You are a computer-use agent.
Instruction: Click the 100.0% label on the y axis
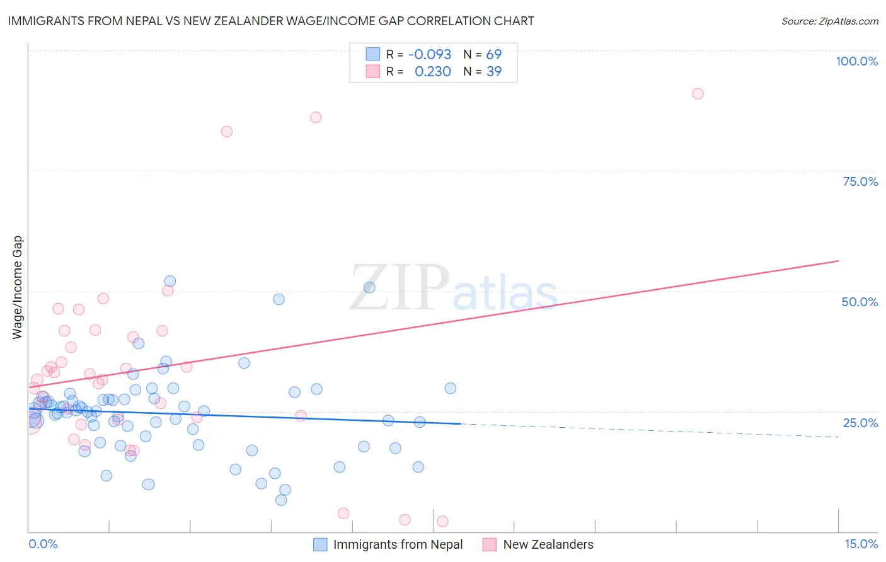856,61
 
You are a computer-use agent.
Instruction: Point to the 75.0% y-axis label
860,181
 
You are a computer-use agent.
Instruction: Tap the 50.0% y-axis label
860,302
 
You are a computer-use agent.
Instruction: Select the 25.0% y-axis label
860,423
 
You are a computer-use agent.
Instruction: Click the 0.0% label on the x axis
43,544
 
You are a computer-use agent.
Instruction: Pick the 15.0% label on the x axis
861,544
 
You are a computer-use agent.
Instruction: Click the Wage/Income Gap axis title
18,287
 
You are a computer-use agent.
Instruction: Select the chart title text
271,21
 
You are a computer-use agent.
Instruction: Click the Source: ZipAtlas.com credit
829,21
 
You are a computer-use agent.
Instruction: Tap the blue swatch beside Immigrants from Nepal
320,544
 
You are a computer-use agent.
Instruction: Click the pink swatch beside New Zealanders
490,544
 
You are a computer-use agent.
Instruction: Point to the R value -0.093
430,55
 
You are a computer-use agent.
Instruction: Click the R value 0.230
432,72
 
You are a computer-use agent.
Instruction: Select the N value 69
493,55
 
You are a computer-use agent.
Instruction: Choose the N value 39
493,72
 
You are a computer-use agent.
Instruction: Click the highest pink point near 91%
698,94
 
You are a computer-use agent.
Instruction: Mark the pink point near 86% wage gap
316,117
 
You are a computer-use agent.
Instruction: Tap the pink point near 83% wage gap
227,132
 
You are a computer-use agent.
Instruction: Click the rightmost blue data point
451,388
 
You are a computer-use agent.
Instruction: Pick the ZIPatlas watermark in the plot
454,289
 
